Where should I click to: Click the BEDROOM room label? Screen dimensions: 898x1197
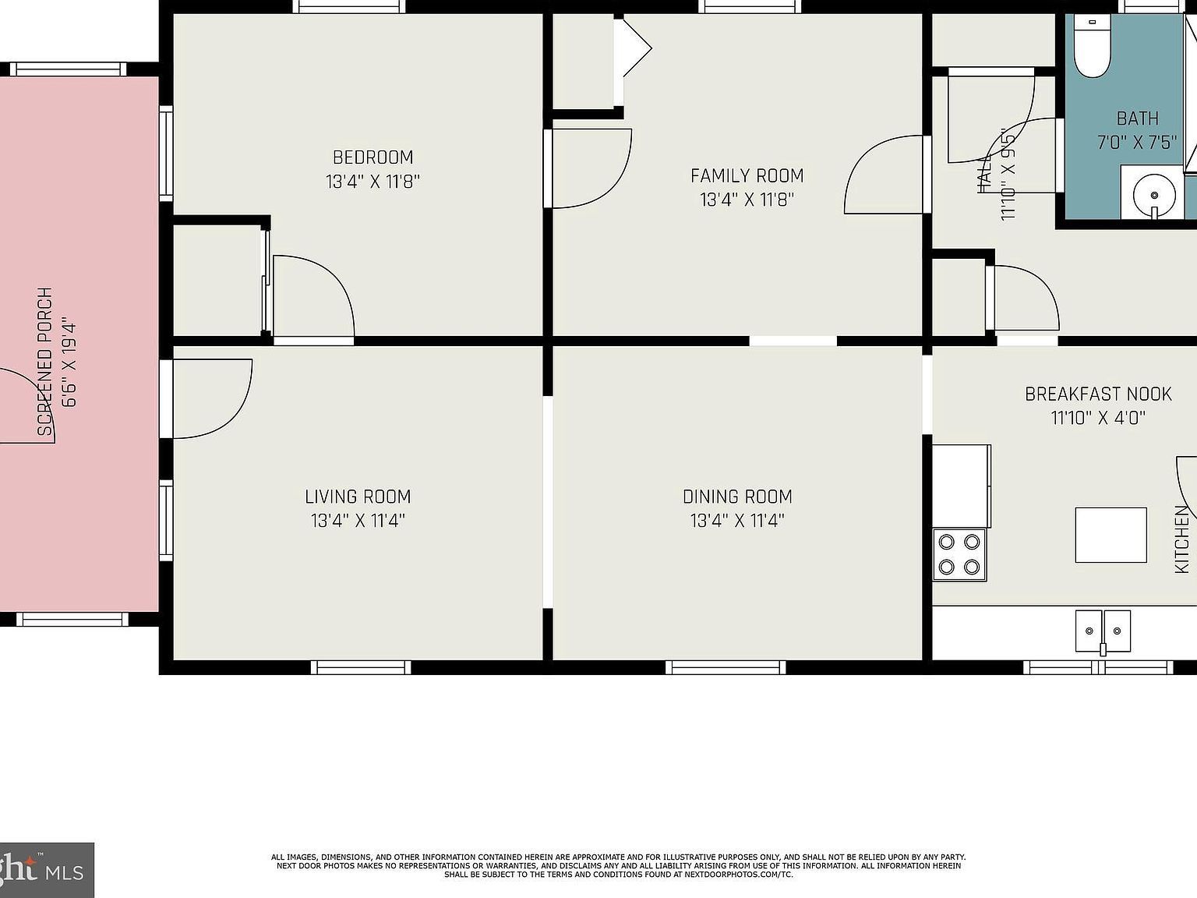coord(373,157)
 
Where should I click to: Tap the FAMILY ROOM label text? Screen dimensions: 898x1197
coord(747,176)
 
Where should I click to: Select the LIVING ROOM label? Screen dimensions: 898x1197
coord(358,497)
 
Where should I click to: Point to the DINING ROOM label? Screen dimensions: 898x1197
coord(737,497)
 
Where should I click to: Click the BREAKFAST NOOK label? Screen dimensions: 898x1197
coord(1098,394)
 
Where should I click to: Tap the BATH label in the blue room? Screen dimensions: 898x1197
coord(1137,119)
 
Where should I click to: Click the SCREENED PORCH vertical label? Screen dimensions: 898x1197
coord(46,361)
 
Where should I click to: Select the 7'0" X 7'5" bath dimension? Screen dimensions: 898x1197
coord(1136,143)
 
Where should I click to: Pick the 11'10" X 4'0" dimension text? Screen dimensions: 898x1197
coord(1098,418)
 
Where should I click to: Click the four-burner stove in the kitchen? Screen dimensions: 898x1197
coord(959,554)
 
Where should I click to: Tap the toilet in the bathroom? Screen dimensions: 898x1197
coord(1092,46)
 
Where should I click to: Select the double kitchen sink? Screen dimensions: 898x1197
coord(1103,630)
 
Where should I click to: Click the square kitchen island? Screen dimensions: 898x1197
coord(1110,535)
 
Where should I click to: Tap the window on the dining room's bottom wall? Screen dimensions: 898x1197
coord(726,667)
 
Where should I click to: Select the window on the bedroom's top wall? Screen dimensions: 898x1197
coord(349,7)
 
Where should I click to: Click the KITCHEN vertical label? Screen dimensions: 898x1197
coord(1181,539)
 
